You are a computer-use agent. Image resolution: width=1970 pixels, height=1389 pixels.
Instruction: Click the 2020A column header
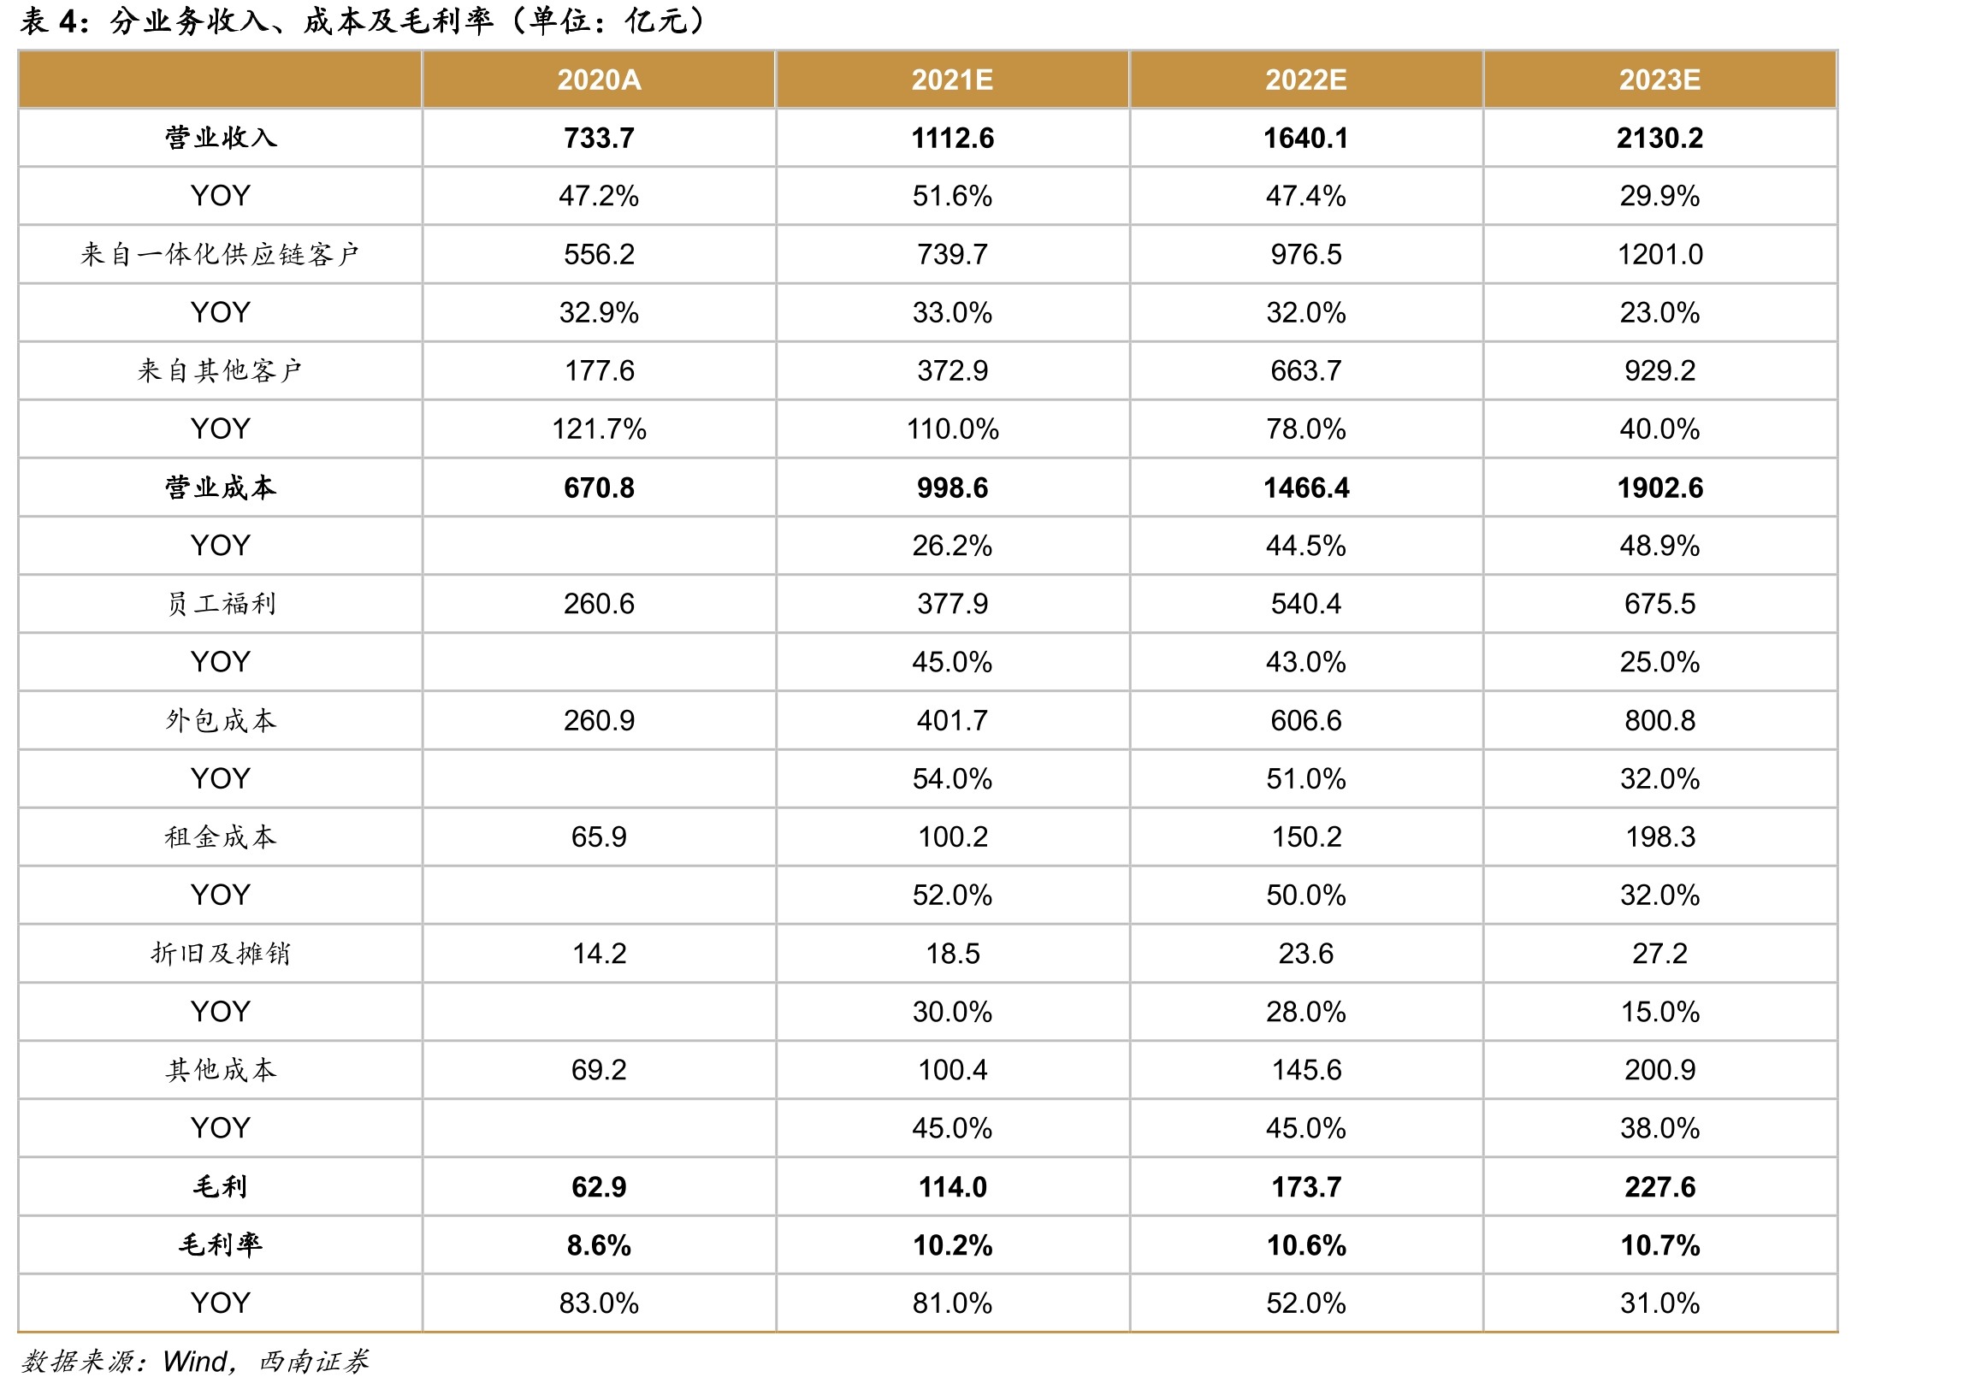tap(599, 80)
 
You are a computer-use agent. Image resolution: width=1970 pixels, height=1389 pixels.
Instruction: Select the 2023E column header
tap(1659, 80)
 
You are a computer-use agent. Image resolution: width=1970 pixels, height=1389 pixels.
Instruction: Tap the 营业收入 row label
tap(221, 137)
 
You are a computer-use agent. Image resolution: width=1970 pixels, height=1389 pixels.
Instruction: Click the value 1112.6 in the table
tap(952, 138)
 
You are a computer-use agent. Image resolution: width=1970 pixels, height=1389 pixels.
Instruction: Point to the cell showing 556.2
tap(599, 254)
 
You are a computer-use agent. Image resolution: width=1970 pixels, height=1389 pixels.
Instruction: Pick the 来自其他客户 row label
tap(221, 370)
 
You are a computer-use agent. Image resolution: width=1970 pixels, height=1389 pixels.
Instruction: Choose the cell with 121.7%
tap(599, 429)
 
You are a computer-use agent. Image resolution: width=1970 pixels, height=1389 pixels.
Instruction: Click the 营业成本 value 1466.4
tap(1306, 488)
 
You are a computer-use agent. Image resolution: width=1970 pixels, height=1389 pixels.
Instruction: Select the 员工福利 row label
tap(221, 604)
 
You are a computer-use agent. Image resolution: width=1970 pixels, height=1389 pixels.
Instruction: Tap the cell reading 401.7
tap(952, 721)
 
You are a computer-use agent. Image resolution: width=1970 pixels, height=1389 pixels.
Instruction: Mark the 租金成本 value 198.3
tap(1659, 836)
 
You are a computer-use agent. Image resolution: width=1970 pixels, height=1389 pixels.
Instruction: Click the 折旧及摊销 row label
tap(221, 953)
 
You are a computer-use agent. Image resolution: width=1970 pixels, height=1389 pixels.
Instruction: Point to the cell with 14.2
tap(599, 953)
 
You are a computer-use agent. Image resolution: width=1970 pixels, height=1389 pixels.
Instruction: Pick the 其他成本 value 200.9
tap(1659, 1070)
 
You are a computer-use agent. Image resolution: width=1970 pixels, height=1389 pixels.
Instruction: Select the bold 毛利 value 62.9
tap(599, 1186)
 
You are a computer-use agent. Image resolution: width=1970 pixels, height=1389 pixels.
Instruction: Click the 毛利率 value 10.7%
tap(1659, 1244)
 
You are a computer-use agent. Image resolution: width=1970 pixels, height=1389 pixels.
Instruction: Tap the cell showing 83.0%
tap(599, 1303)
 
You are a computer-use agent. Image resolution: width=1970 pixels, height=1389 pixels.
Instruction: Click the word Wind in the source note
tap(195, 1362)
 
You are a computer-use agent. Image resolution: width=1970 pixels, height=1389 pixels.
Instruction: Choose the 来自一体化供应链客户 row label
tap(221, 254)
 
